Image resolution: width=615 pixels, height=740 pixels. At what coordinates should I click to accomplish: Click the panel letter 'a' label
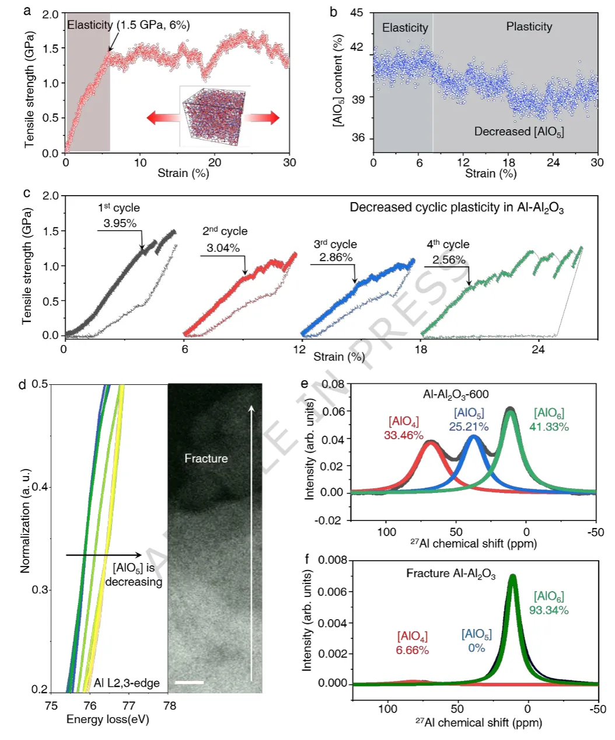click(27, 11)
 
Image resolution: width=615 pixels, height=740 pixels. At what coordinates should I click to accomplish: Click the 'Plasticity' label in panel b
click(529, 27)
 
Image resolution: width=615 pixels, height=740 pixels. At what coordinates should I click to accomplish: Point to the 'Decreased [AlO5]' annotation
click(519, 132)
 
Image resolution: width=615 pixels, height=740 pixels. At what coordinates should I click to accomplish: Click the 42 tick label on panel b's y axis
click(357, 47)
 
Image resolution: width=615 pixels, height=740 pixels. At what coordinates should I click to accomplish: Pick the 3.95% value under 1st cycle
click(120, 223)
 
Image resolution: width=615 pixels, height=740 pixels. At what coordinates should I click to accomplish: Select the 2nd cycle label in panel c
click(225, 231)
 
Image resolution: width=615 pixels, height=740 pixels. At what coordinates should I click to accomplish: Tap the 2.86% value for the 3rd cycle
click(336, 258)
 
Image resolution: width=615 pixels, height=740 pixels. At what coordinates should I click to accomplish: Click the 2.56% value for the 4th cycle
click(449, 260)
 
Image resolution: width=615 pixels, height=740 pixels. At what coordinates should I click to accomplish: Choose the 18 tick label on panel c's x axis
click(421, 350)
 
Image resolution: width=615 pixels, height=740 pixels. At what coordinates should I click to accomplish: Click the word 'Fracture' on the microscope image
click(206, 458)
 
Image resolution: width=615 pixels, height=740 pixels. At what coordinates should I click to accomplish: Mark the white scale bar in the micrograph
click(190, 682)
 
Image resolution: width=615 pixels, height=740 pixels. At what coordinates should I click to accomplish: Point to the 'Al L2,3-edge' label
click(127, 683)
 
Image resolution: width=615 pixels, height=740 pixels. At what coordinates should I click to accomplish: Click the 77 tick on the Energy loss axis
click(129, 706)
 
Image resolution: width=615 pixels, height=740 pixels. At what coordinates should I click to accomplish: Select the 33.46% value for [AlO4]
click(403, 435)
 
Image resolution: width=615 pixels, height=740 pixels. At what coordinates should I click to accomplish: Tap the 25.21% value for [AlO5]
click(469, 427)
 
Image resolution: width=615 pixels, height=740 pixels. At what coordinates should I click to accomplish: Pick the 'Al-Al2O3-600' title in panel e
click(456, 394)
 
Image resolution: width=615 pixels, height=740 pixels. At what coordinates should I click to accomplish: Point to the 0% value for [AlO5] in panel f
click(477, 648)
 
